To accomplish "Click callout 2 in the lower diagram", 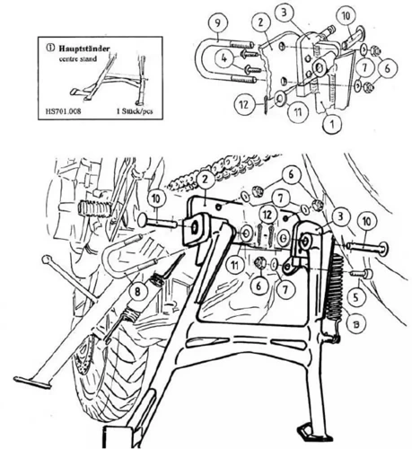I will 205,180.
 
